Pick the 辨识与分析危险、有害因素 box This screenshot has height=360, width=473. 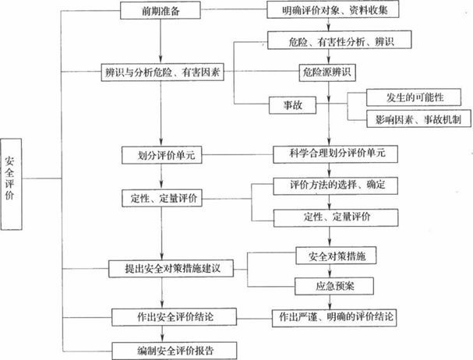pos(161,74)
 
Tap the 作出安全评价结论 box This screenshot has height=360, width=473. pos(163,316)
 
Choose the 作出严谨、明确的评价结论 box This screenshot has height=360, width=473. pos(333,316)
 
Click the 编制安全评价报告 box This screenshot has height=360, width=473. pos(162,346)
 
